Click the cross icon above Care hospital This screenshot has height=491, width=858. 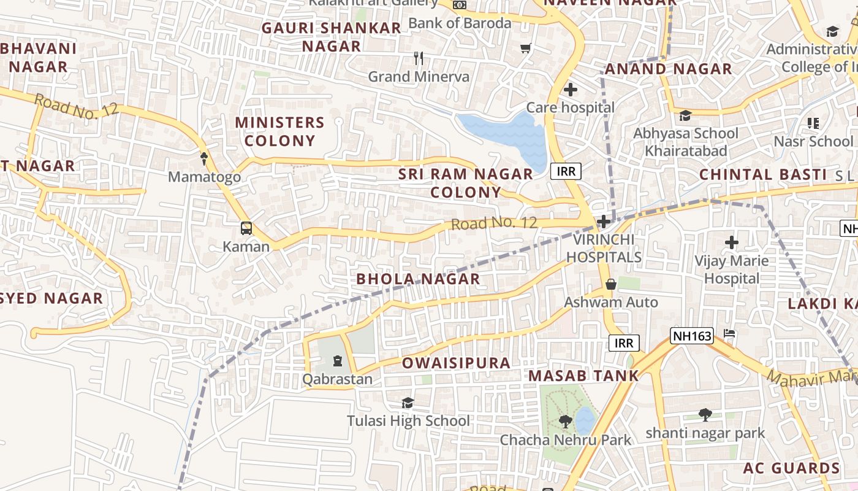tap(571, 90)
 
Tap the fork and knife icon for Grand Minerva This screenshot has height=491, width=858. tap(419, 58)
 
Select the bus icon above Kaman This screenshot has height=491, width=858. tap(246, 228)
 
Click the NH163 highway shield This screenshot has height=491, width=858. tap(692, 336)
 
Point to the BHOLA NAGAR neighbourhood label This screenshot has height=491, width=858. tap(418, 279)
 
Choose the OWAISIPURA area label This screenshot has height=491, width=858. tap(456, 363)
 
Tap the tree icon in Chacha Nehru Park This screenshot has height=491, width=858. tap(565, 422)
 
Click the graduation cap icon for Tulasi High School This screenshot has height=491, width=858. tap(408, 403)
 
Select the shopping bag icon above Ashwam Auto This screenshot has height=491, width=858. tap(610, 284)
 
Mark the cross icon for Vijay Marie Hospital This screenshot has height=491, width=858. tap(731, 242)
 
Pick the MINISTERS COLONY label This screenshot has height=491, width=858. tap(279, 131)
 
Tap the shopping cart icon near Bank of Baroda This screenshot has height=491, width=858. tap(525, 48)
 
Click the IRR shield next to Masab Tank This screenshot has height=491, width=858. tap(624, 342)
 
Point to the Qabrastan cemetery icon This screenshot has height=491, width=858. tap(337, 361)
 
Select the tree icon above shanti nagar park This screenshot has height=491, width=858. tap(705, 415)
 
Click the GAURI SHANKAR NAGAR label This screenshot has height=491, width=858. tap(332, 37)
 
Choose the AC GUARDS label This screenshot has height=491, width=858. tap(791, 468)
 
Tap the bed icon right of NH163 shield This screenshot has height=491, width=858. tap(729, 334)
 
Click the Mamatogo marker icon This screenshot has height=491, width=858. tap(204, 159)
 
